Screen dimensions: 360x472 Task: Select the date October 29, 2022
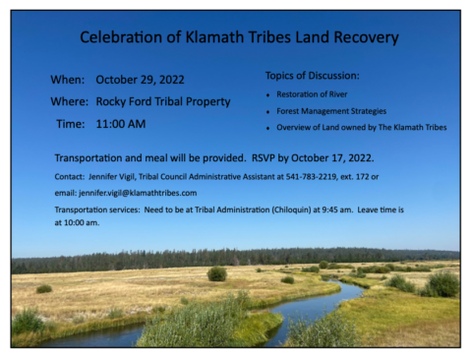(x=140, y=79)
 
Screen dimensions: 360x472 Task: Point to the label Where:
(x=71, y=101)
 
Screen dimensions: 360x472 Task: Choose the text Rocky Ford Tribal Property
(x=163, y=101)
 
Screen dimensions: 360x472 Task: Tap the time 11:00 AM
(x=121, y=124)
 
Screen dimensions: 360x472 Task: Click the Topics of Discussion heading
(x=312, y=76)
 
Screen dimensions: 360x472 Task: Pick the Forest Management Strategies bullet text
(x=331, y=111)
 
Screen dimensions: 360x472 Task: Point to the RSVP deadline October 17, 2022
(x=329, y=157)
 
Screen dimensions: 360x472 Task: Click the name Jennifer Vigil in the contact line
(x=109, y=176)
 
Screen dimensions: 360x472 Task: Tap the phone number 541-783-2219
(x=312, y=176)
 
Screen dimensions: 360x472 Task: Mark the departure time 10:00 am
(x=82, y=223)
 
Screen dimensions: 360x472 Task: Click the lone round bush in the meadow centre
(x=216, y=273)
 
